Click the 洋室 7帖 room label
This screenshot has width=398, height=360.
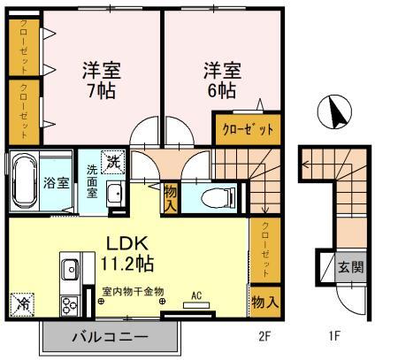pos(102,79)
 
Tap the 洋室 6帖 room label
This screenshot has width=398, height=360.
pos(220,79)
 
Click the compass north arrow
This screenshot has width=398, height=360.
pos(334,114)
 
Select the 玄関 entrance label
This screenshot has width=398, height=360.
pos(350,266)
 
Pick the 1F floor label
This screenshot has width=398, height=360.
pos(334,336)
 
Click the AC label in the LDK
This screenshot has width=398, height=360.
pos(197,297)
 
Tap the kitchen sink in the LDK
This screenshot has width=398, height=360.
pos(70,269)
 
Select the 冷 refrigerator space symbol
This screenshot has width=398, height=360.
pos(22,303)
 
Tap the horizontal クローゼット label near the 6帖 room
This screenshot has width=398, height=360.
pos(248,128)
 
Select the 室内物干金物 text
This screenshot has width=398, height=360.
pos(133,290)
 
